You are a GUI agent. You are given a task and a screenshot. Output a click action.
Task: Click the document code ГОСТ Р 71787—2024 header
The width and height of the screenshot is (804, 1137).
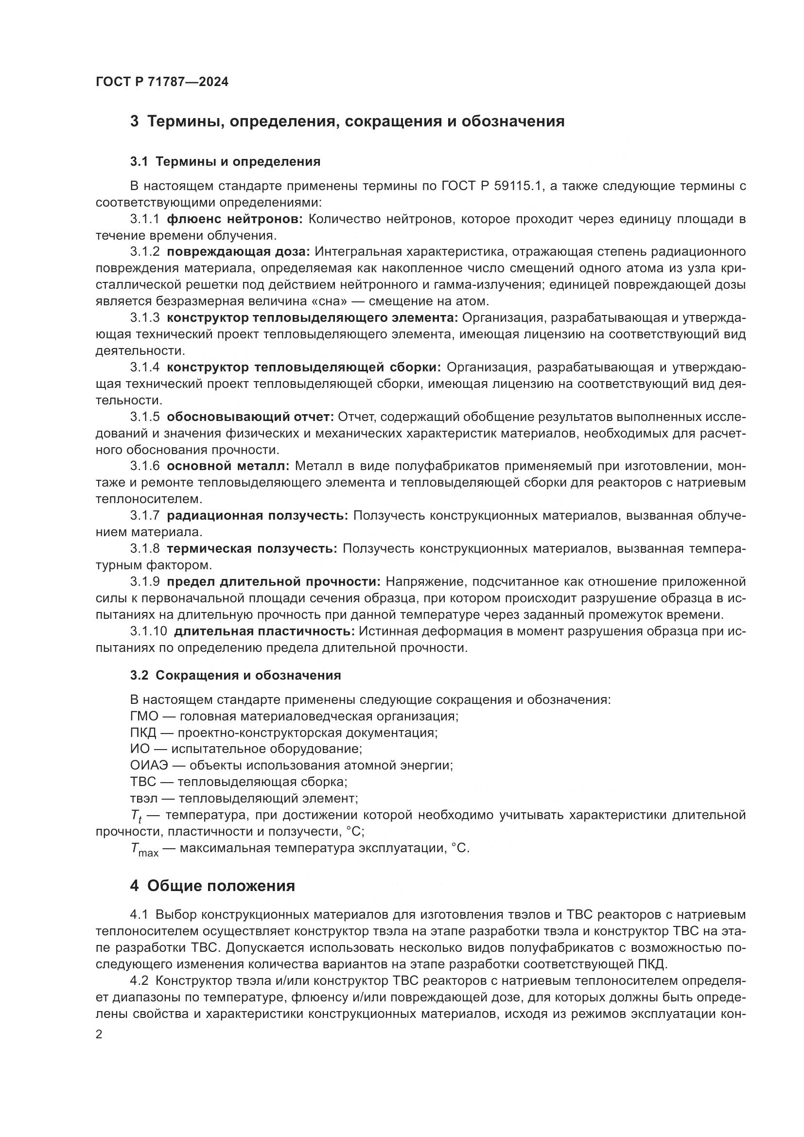click(x=162, y=82)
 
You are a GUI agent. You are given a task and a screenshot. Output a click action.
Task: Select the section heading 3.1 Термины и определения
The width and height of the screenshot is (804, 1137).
click(x=225, y=161)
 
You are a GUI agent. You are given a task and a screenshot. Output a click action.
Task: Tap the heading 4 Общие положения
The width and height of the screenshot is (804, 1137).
click(x=212, y=886)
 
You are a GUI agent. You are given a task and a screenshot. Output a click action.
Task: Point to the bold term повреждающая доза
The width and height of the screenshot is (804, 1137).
click(x=238, y=252)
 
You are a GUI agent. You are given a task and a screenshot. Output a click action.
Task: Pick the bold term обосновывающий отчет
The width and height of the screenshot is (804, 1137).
click(x=250, y=417)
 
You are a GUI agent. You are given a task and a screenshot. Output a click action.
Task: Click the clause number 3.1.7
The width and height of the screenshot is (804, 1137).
click(x=144, y=515)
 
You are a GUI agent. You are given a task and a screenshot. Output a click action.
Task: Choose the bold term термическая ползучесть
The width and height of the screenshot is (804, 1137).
click(x=251, y=549)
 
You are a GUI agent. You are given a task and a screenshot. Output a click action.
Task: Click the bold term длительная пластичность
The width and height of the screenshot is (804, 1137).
click(x=264, y=631)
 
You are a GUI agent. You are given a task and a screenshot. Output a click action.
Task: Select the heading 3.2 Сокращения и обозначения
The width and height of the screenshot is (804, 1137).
click(x=235, y=676)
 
